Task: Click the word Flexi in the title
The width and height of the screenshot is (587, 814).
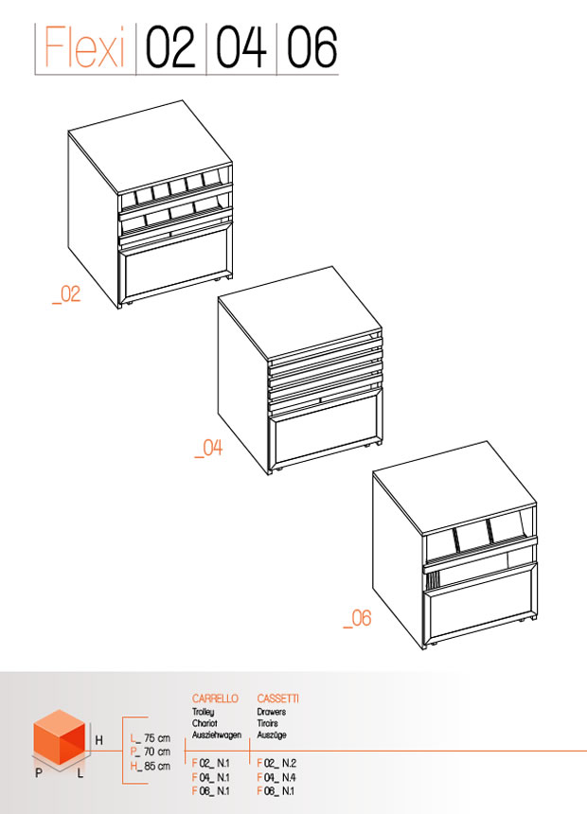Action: click(84, 46)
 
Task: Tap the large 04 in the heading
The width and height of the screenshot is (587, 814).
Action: click(241, 47)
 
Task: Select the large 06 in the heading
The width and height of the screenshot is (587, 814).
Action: click(311, 47)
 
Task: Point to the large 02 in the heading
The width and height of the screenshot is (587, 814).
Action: click(170, 47)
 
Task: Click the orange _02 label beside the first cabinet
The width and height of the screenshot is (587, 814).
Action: click(66, 294)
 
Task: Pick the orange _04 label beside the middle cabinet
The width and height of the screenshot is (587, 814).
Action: click(208, 448)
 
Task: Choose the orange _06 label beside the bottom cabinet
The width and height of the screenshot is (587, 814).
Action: click(357, 618)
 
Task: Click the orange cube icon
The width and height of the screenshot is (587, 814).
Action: click(59, 736)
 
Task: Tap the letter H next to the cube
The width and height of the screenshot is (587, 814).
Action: click(98, 740)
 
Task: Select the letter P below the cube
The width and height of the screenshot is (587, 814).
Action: click(39, 773)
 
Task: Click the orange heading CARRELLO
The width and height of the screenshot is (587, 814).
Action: click(215, 699)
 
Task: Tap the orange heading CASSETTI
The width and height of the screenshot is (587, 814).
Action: click(278, 699)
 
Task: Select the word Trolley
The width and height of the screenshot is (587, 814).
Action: click(204, 712)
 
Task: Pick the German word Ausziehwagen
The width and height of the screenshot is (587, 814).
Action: click(217, 735)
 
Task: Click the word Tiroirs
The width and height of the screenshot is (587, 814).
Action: click(268, 723)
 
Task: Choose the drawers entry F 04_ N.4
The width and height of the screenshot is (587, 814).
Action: click(276, 777)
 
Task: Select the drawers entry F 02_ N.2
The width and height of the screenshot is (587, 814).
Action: click(276, 763)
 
